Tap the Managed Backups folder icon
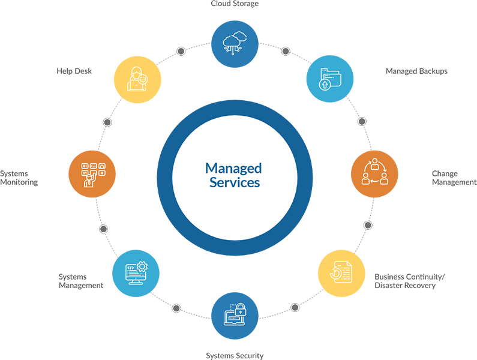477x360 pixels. click(x=330, y=79)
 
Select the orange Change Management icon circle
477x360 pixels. click(x=374, y=174)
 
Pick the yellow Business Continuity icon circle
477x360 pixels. click(x=341, y=273)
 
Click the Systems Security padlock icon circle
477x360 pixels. click(x=235, y=315)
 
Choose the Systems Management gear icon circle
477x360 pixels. click(x=136, y=274)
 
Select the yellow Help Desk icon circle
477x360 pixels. click(x=137, y=79)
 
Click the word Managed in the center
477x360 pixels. click(x=233, y=168)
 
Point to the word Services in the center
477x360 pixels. click(x=235, y=182)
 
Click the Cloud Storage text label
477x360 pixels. click(x=235, y=4)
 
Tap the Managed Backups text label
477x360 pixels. click(x=416, y=71)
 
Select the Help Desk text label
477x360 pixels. click(x=74, y=71)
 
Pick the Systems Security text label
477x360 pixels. click(x=235, y=356)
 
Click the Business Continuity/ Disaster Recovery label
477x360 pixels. click(x=410, y=281)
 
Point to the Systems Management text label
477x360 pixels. click(x=81, y=281)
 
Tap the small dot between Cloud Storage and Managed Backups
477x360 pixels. click(x=286, y=51)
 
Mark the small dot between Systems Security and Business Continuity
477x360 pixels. click(x=295, y=307)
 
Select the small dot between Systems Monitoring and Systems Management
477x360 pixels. click(x=103, y=229)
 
